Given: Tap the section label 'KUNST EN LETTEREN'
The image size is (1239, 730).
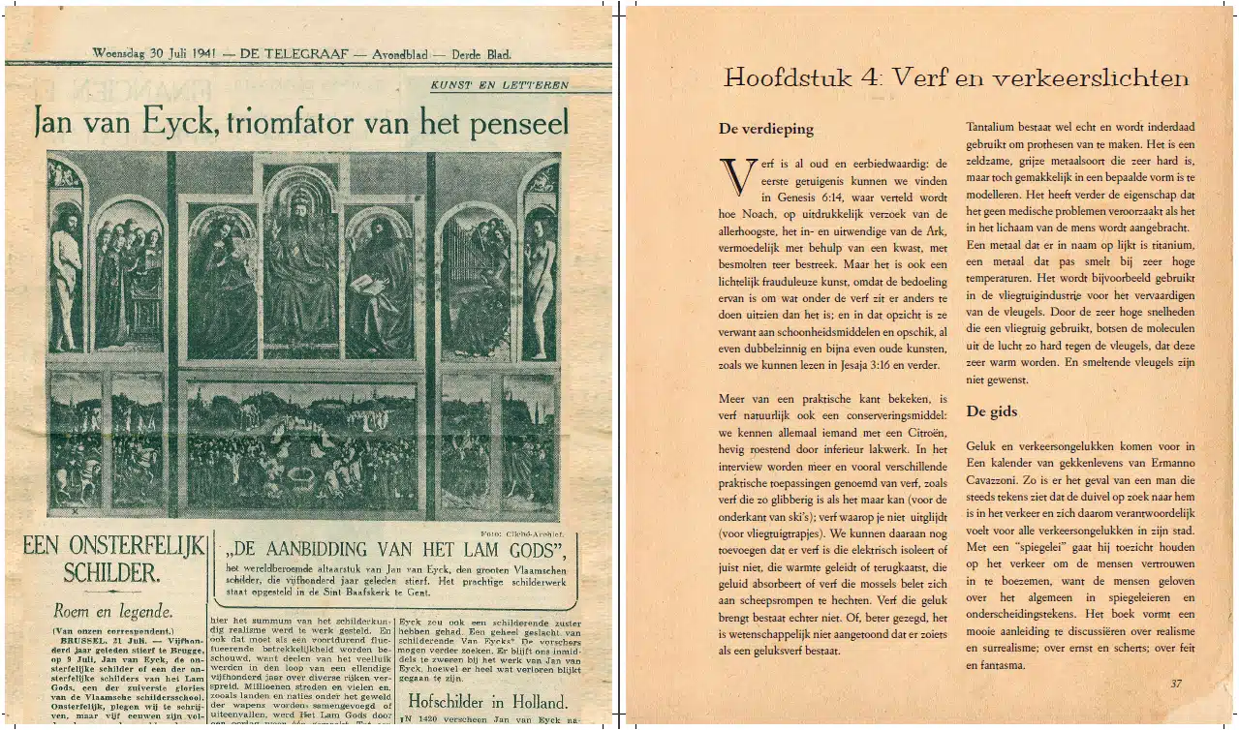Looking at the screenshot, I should coord(499,85).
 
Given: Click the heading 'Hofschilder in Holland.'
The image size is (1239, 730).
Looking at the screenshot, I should coord(486,701).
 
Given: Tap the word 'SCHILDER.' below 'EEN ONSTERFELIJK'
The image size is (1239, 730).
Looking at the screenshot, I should coord(111,572).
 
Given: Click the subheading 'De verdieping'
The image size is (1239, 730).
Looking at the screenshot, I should coord(765,128).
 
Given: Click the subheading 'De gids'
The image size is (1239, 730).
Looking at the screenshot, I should coord(991,411).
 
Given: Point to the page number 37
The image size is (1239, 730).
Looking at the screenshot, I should coord(1175,684).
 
